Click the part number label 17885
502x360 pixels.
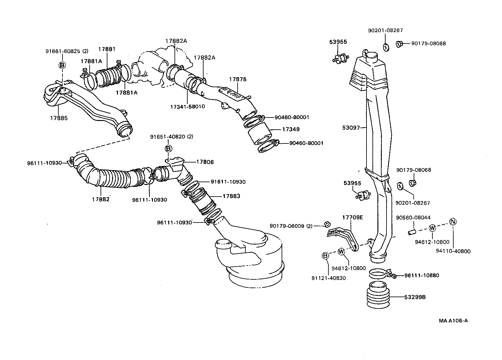click(x=59, y=118)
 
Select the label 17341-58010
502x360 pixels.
click(x=187, y=107)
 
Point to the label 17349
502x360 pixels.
click(x=291, y=129)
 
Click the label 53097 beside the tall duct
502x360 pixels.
click(x=351, y=127)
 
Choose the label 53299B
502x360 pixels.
click(x=415, y=297)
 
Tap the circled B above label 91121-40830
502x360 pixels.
click(x=325, y=256)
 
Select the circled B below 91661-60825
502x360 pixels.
click(x=62, y=65)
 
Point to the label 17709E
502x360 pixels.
click(x=352, y=217)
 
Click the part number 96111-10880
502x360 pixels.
click(x=421, y=275)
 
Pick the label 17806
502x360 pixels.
click(x=205, y=162)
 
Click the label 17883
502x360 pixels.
click(x=231, y=196)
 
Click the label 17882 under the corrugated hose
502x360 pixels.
click(x=101, y=199)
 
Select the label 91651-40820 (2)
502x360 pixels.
click(x=171, y=137)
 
